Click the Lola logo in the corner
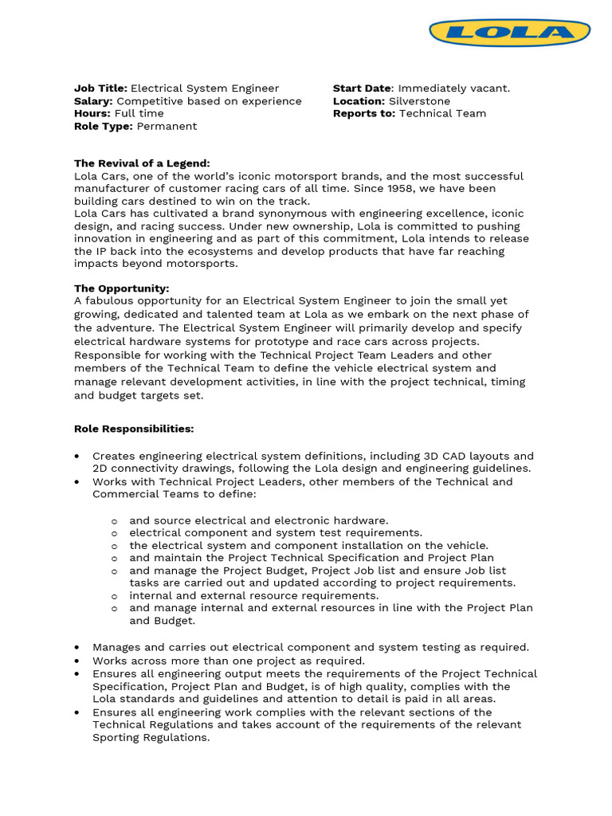pyautogui.click(x=509, y=33)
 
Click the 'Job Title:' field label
pyautogui.click(x=100, y=88)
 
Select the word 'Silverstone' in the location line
pyautogui.click(x=419, y=101)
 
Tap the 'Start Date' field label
pyautogui.click(x=363, y=88)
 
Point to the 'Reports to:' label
pyautogui.click(x=364, y=114)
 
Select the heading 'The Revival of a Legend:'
pyautogui.click(x=142, y=163)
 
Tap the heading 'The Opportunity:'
pyautogui.click(x=121, y=288)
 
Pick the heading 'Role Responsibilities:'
pyautogui.click(x=134, y=429)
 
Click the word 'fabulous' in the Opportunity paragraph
pyautogui.click(x=111, y=301)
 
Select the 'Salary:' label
pyautogui.click(x=93, y=101)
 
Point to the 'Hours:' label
pyautogui.click(x=92, y=114)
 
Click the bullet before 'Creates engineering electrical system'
pyautogui.click(x=76, y=456)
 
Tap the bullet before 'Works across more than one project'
pyautogui.click(x=76, y=661)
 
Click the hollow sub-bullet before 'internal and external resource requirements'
pyautogui.click(x=115, y=596)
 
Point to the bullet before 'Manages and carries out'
pyautogui.click(x=76, y=648)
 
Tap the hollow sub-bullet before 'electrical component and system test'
pyautogui.click(x=115, y=533)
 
